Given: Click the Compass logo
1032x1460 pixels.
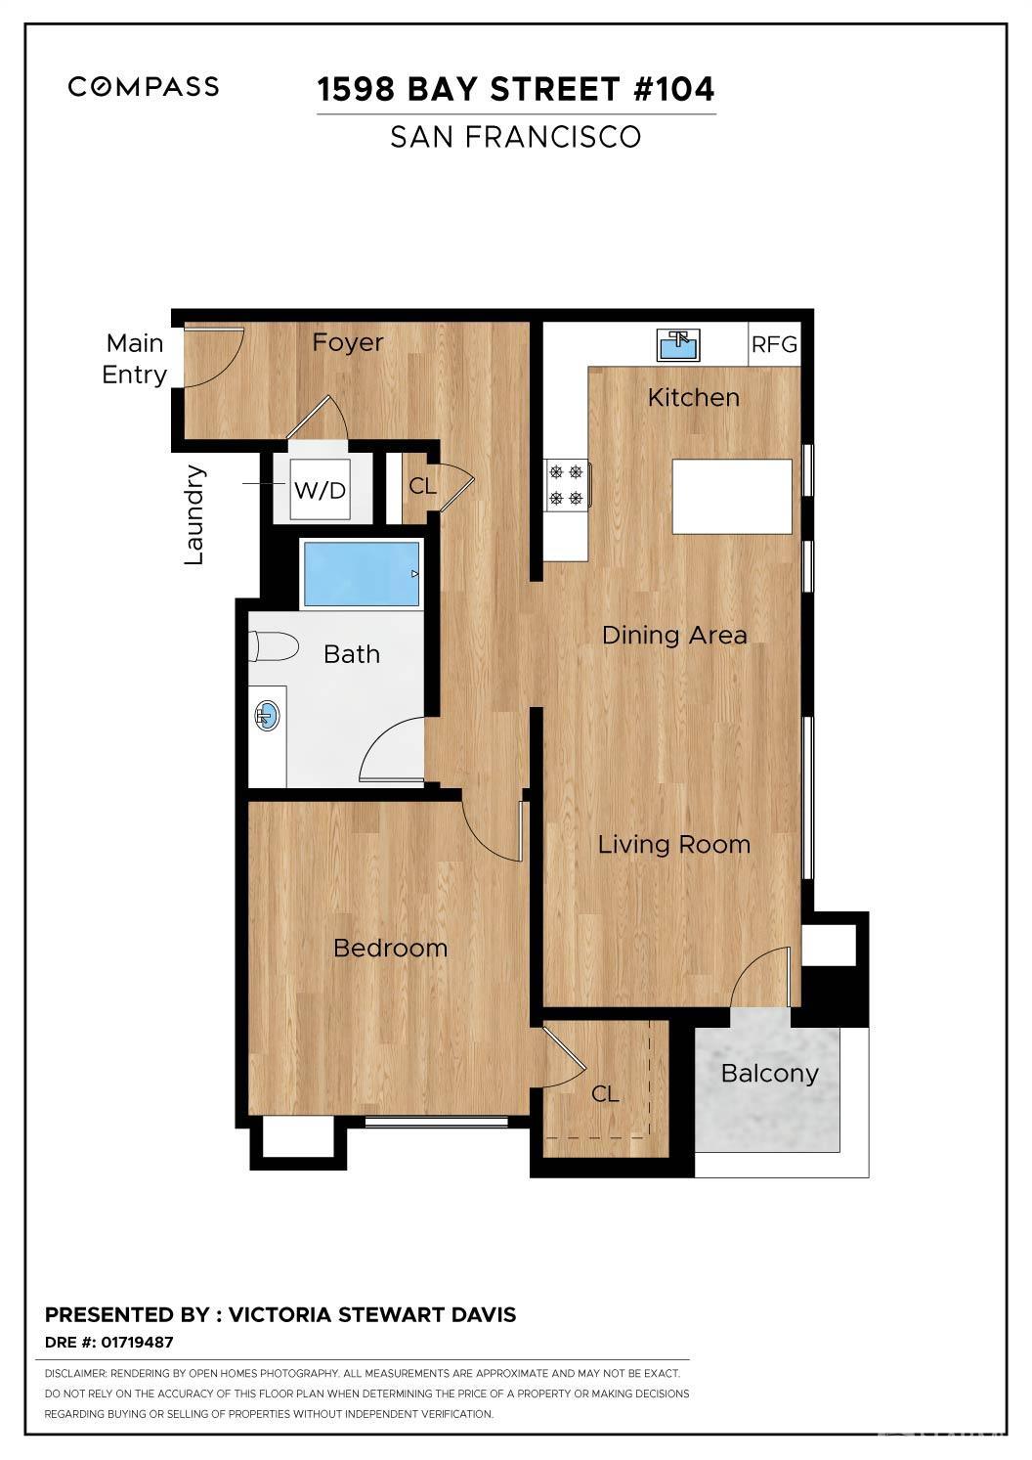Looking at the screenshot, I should click(x=144, y=87).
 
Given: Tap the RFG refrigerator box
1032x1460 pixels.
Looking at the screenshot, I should click(x=774, y=345).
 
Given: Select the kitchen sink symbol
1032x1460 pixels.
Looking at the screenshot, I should click(x=678, y=345).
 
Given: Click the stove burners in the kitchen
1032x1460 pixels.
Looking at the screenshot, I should click(x=567, y=485).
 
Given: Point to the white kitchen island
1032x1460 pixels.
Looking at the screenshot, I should click(x=732, y=497).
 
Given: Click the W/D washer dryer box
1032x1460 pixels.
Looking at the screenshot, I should click(x=321, y=490).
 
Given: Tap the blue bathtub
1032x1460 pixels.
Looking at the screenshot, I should click(x=361, y=574).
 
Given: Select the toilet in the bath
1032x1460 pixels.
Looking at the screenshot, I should click(x=274, y=646).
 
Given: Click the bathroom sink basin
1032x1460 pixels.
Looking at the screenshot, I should click(x=267, y=717).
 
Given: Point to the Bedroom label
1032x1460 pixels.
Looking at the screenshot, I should click(x=390, y=948).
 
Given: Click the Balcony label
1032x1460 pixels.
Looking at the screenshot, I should click(x=769, y=1074).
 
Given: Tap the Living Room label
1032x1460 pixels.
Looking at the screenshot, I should click(x=673, y=845).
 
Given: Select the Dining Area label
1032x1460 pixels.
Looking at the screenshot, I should click(x=673, y=636).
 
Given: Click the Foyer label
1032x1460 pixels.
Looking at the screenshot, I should click(x=347, y=342).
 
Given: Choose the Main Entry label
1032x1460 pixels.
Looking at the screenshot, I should click(x=135, y=359).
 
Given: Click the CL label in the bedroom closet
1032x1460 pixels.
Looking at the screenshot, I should click(x=605, y=1093).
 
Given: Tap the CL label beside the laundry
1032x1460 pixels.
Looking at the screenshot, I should click(x=422, y=486).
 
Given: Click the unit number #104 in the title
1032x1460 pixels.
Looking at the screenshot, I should click(x=673, y=89).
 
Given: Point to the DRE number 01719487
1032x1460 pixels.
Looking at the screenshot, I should click(x=137, y=1343).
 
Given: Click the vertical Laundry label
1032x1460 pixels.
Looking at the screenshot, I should click(x=194, y=514).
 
